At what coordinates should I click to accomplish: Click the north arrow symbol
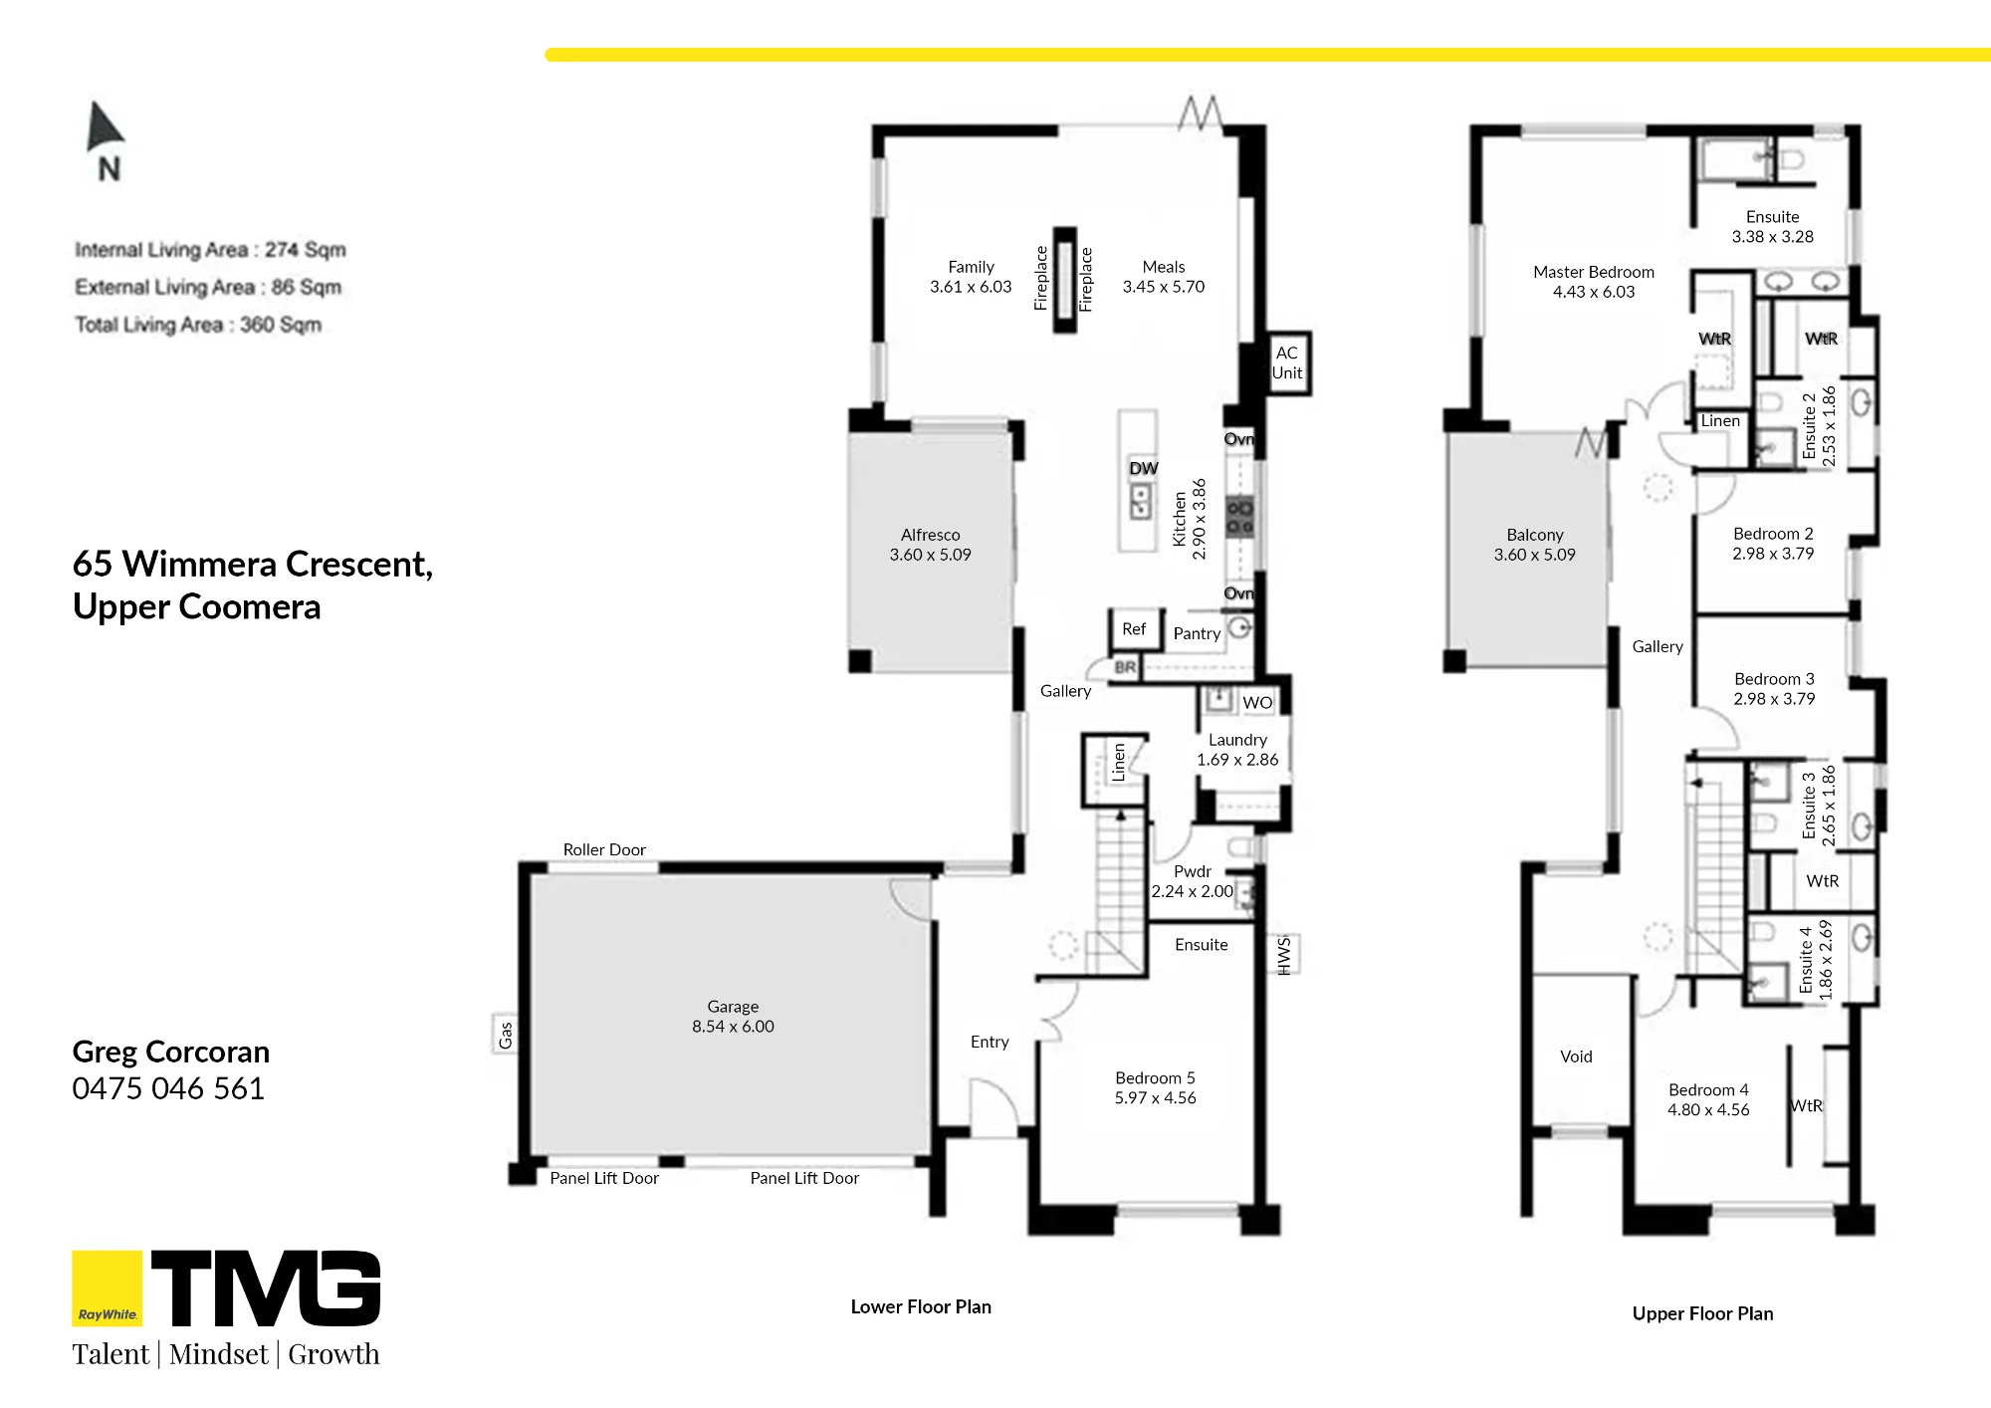tap(106, 126)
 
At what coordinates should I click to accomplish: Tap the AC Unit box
tap(1287, 363)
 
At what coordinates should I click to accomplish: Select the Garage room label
tap(733, 1007)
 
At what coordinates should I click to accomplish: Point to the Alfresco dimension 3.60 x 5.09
tap(930, 555)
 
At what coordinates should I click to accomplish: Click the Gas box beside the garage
tap(505, 1035)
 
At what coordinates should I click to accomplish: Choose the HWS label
tap(1284, 954)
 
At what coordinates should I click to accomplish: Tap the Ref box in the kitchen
tap(1134, 629)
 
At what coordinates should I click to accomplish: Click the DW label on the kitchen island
tap(1144, 468)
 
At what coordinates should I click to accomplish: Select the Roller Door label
tap(604, 849)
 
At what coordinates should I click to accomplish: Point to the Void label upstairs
tap(1576, 1056)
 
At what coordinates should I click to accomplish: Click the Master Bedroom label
tap(1594, 272)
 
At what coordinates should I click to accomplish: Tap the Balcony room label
tap(1535, 535)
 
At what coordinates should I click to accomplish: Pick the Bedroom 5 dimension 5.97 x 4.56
tap(1155, 1097)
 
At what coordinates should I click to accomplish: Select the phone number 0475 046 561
tap(168, 1088)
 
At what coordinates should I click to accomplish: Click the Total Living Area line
tap(198, 325)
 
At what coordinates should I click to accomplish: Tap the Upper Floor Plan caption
tap(1702, 1313)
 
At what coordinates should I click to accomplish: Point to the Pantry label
tap(1197, 633)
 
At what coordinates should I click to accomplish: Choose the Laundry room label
tap(1237, 740)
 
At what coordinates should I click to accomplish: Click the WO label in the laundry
tap(1257, 702)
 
